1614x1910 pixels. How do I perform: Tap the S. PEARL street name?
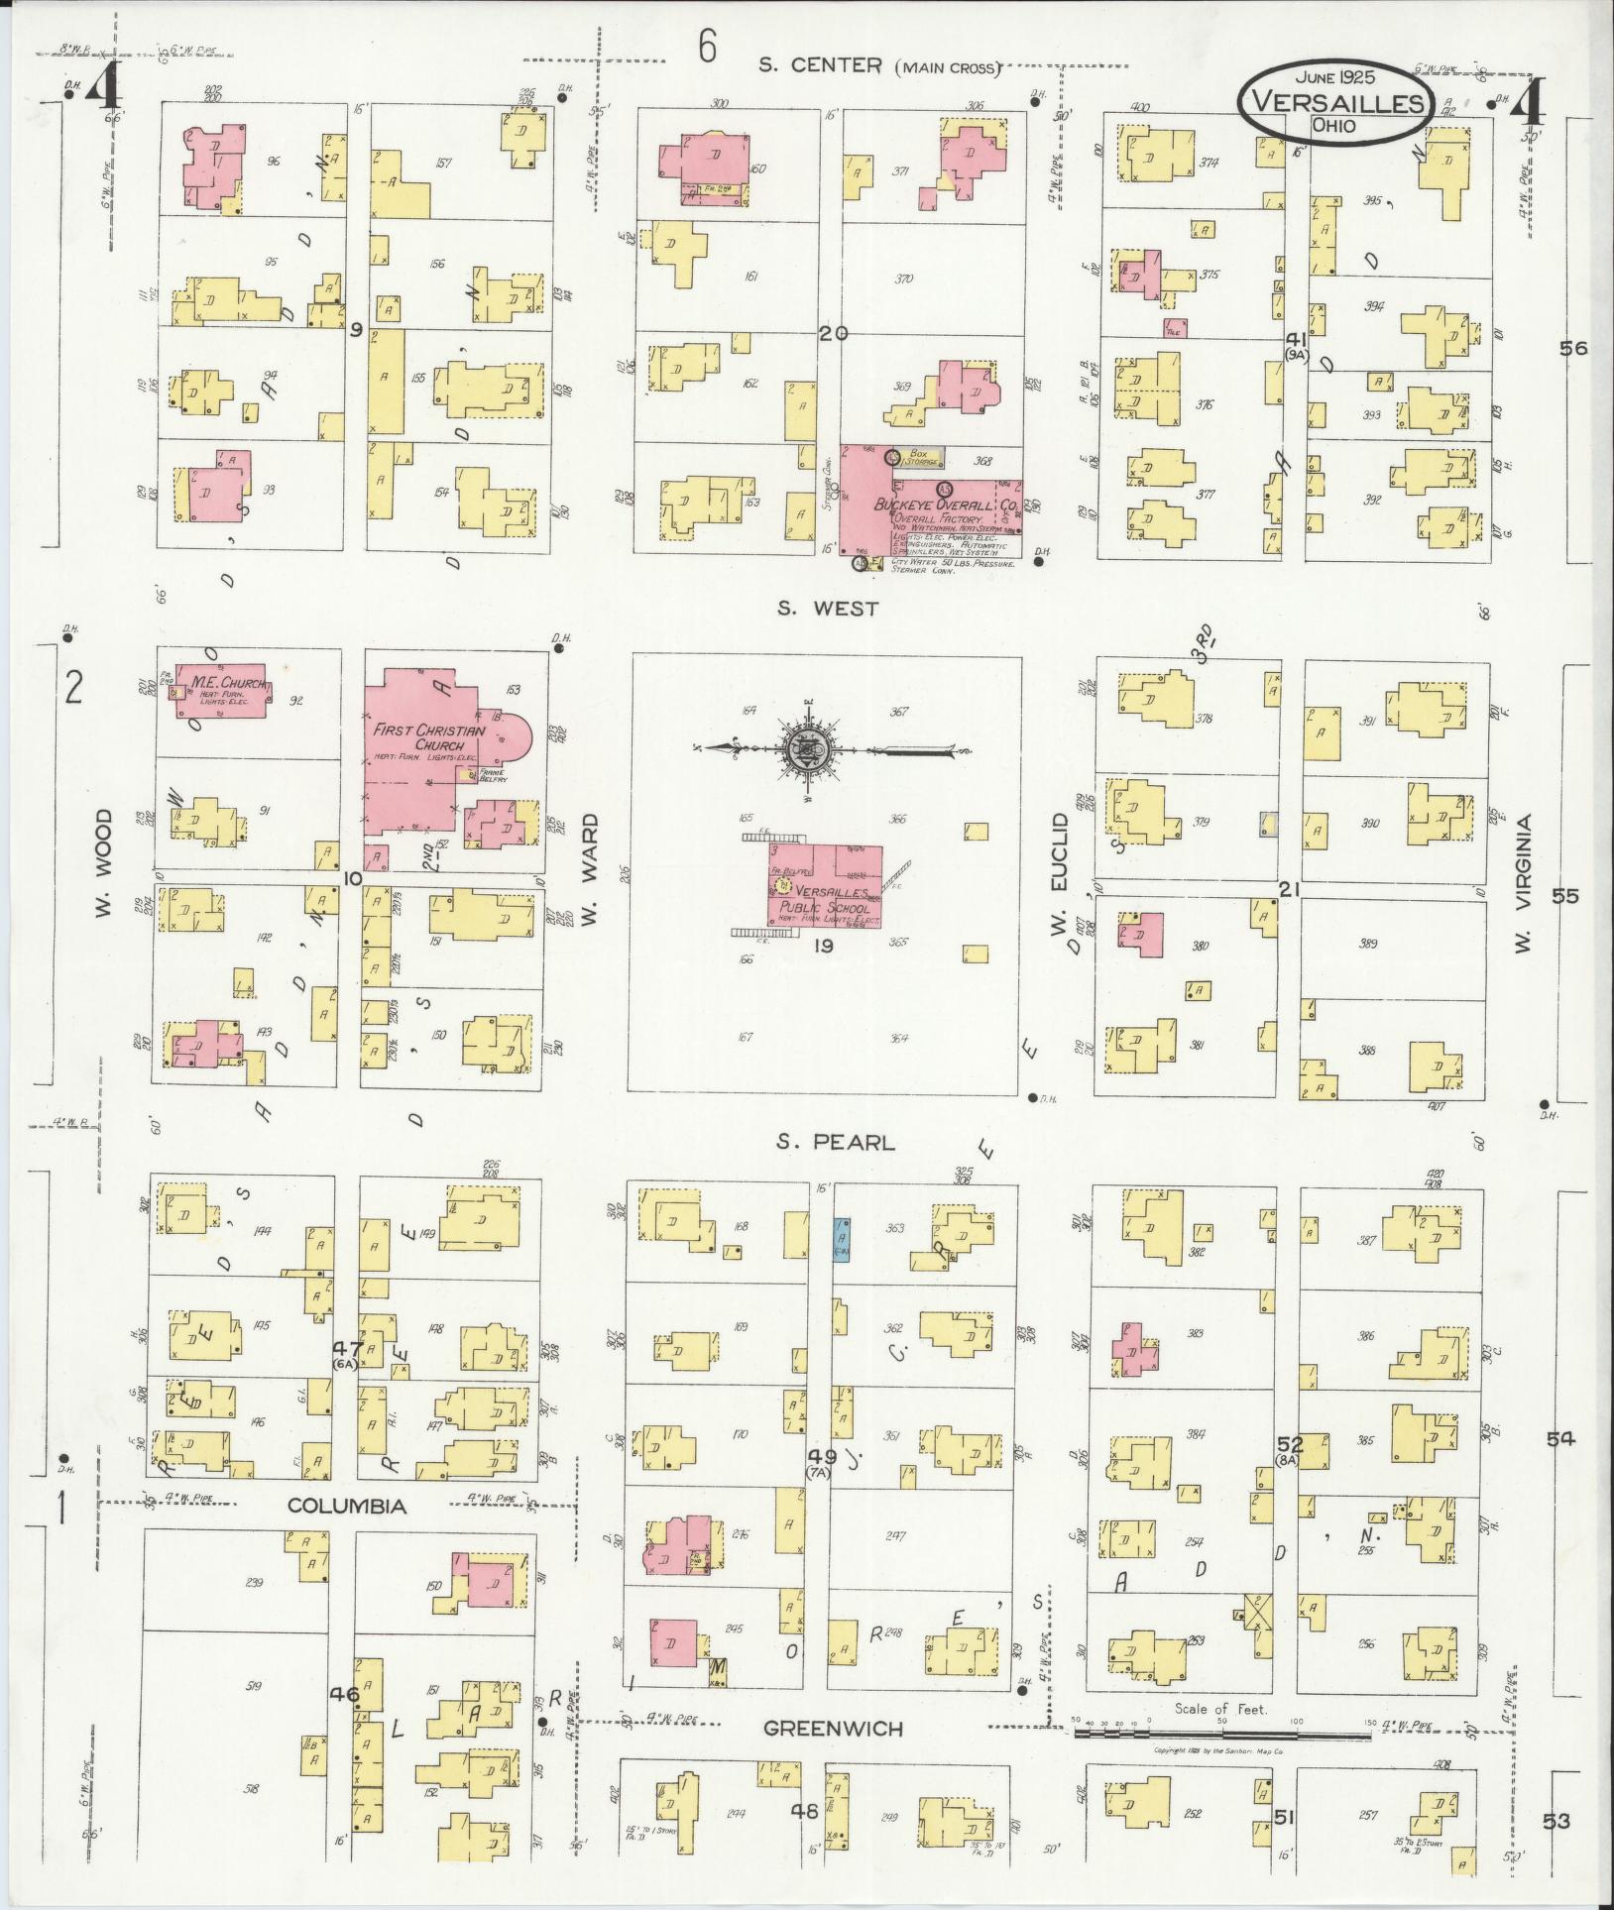coord(835,1143)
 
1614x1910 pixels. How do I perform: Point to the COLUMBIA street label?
coord(347,1533)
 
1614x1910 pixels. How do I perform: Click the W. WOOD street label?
coord(105,862)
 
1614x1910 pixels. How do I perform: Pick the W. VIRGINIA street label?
coord(1524,885)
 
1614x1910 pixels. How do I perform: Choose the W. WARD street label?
coord(591,872)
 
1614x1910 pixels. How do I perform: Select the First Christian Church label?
coord(429,737)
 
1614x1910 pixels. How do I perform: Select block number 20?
coord(833,334)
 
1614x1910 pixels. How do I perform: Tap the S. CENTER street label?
coord(820,65)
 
